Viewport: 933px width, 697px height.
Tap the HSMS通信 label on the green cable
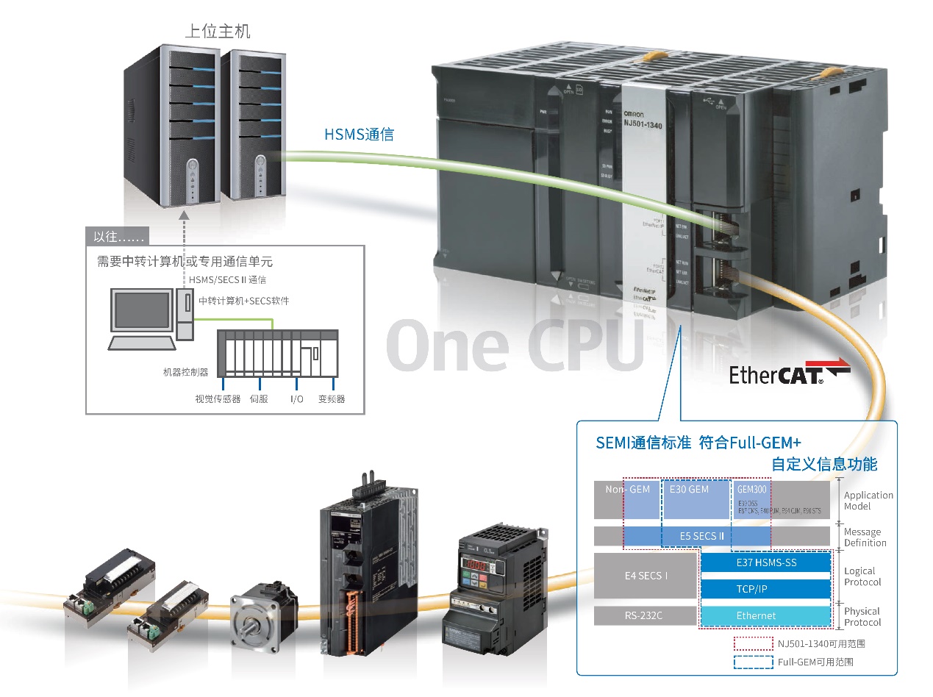tap(359, 135)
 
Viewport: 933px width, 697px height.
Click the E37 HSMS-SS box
tap(766, 562)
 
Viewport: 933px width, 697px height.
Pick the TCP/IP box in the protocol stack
tap(766, 589)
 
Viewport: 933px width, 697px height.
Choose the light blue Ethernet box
tap(766, 615)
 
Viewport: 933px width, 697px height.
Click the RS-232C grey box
tap(644, 615)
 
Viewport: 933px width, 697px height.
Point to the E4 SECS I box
tap(644, 576)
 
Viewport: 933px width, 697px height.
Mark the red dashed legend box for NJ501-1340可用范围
tap(752, 643)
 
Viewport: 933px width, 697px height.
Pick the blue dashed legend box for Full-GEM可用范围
tap(752, 662)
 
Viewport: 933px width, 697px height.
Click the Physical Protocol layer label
tap(862, 617)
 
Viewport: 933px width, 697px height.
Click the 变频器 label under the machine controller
tap(332, 399)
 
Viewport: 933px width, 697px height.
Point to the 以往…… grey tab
tap(117, 236)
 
